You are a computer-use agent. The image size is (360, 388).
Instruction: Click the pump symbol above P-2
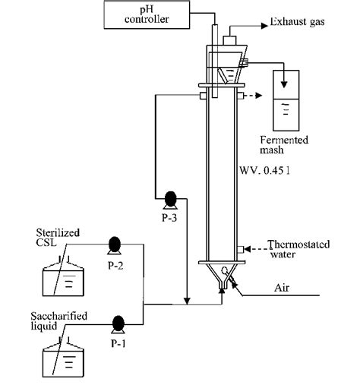click(x=115, y=244)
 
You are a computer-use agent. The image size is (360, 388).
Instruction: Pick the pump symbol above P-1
click(x=118, y=322)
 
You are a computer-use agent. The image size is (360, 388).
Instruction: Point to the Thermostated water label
click(x=298, y=249)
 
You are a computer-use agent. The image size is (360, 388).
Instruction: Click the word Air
click(x=283, y=289)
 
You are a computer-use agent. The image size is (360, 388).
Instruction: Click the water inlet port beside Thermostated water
click(x=240, y=248)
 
